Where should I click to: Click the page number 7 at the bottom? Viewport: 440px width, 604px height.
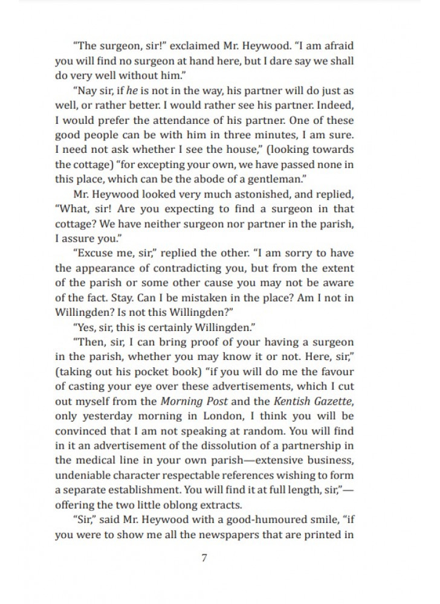coord(204,557)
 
